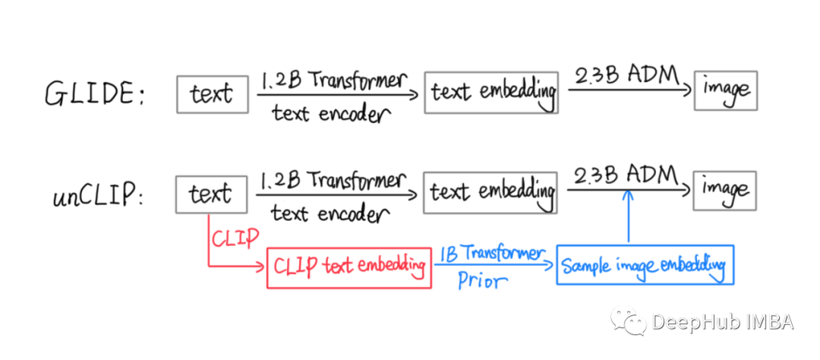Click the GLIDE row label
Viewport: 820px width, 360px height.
(x=93, y=94)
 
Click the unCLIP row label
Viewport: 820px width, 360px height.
(x=97, y=196)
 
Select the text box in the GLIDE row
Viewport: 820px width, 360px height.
(x=213, y=94)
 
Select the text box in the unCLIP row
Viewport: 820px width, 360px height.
(x=211, y=194)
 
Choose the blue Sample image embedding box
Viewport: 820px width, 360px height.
(x=645, y=265)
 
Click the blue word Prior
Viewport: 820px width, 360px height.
(x=482, y=280)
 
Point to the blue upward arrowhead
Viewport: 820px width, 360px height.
(x=628, y=195)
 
